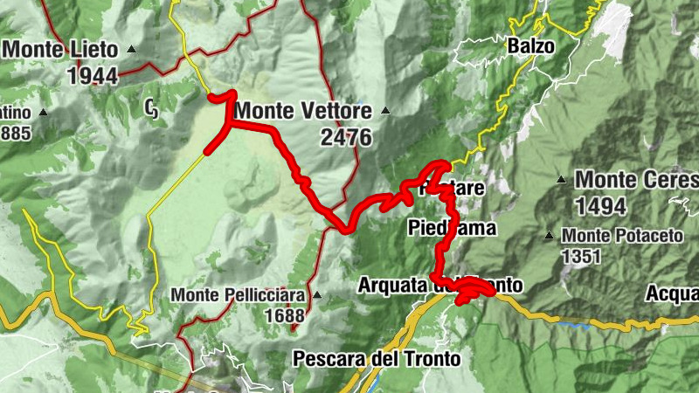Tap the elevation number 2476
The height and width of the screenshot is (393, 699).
[x=346, y=138]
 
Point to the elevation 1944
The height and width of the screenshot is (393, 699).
[x=92, y=75]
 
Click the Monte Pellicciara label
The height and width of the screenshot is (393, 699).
[x=238, y=295]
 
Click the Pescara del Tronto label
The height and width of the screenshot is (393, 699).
[x=377, y=358]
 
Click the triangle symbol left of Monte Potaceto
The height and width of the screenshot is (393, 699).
[x=550, y=236]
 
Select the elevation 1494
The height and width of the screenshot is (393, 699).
[x=601, y=206]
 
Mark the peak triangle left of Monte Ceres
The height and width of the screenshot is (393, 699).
[x=562, y=180]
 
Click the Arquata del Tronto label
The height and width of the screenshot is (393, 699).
[x=440, y=286]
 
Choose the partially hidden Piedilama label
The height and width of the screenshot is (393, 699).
[x=452, y=228]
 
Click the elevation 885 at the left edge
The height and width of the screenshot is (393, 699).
[x=16, y=134]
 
